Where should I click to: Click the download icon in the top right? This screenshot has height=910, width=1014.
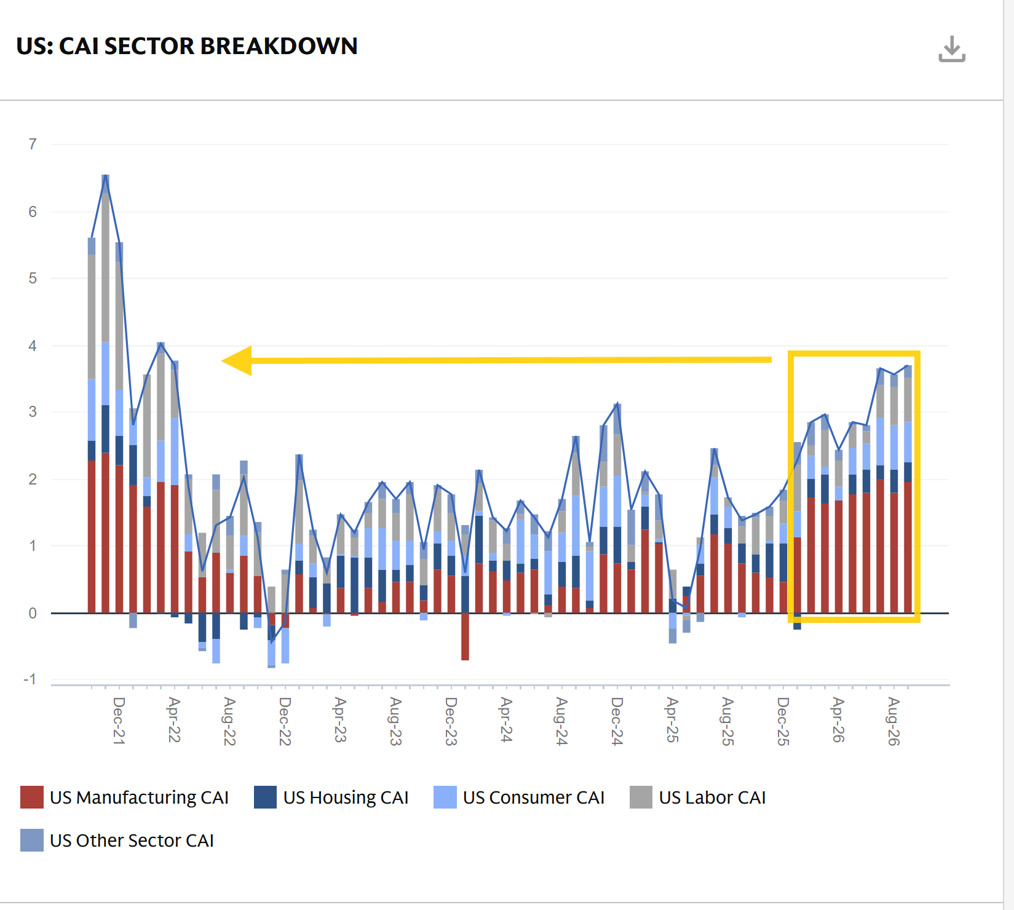click(952, 49)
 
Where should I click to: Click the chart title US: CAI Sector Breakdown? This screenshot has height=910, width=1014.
click(187, 46)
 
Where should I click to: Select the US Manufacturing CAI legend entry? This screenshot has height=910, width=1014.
click(125, 797)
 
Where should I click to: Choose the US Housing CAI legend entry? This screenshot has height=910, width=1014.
click(331, 797)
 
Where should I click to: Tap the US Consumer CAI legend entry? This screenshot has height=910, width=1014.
click(519, 797)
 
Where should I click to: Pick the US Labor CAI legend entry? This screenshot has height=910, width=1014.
click(698, 797)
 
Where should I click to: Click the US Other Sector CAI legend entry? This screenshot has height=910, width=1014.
click(117, 841)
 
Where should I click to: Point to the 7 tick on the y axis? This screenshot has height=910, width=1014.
click(33, 144)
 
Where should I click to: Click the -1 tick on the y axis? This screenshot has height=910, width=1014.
click(30, 679)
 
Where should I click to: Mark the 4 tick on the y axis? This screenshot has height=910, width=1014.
click(33, 346)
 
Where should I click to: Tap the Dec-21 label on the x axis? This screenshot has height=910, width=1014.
click(119, 721)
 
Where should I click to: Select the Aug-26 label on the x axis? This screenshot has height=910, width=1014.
click(893, 721)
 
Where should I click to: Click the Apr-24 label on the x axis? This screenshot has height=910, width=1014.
click(506, 720)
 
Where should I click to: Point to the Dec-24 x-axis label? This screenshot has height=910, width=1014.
click(617, 721)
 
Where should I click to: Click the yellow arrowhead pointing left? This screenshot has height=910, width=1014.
click(237, 360)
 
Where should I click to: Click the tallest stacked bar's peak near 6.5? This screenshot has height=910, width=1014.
click(106, 176)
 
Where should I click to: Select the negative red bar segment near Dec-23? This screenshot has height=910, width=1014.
click(465, 636)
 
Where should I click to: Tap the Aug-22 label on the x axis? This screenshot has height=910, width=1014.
click(229, 721)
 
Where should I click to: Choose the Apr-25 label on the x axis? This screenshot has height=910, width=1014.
click(672, 720)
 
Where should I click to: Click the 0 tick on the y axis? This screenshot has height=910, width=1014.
click(33, 613)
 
